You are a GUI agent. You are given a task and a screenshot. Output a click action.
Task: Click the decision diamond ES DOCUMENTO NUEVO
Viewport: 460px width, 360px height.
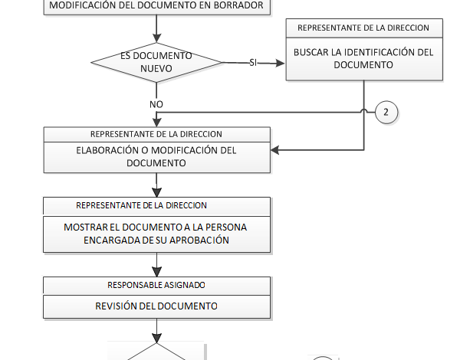point(156,62)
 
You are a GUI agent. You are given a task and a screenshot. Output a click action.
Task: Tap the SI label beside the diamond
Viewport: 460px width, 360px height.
point(253,62)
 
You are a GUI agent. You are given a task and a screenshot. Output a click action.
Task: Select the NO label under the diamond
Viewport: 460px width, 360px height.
point(156,103)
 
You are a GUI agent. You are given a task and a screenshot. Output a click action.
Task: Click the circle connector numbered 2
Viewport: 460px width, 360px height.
point(386,113)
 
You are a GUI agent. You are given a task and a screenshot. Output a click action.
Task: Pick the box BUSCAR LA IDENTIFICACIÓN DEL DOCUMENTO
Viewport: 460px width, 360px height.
point(363,59)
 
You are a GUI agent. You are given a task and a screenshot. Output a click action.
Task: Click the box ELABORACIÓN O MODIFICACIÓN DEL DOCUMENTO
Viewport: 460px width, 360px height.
point(156,157)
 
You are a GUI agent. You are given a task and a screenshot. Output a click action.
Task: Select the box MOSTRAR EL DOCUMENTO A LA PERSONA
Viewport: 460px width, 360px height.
point(156,233)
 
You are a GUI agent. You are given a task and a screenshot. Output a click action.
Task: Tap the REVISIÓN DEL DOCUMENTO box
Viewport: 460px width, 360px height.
point(156,306)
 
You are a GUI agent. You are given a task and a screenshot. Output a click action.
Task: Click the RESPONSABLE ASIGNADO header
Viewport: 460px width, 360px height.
point(156,284)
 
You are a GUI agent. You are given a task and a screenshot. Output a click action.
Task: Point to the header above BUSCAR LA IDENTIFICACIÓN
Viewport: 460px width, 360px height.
point(363,28)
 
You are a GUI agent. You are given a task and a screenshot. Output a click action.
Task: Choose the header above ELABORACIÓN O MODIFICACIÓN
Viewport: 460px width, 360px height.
point(156,133)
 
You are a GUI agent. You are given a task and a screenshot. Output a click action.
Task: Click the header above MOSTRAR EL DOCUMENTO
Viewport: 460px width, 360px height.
point(156,205)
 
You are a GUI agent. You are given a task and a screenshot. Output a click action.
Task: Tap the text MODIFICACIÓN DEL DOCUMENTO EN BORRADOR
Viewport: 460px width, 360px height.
point(156,6)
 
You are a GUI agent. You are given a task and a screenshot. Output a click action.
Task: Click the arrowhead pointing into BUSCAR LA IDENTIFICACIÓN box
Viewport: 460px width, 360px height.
point(281,62)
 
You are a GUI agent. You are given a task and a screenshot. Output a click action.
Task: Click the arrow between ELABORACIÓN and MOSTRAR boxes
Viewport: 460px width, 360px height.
point(156,185)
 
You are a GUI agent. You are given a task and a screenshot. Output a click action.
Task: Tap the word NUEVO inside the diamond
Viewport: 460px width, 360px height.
point(156,69)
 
